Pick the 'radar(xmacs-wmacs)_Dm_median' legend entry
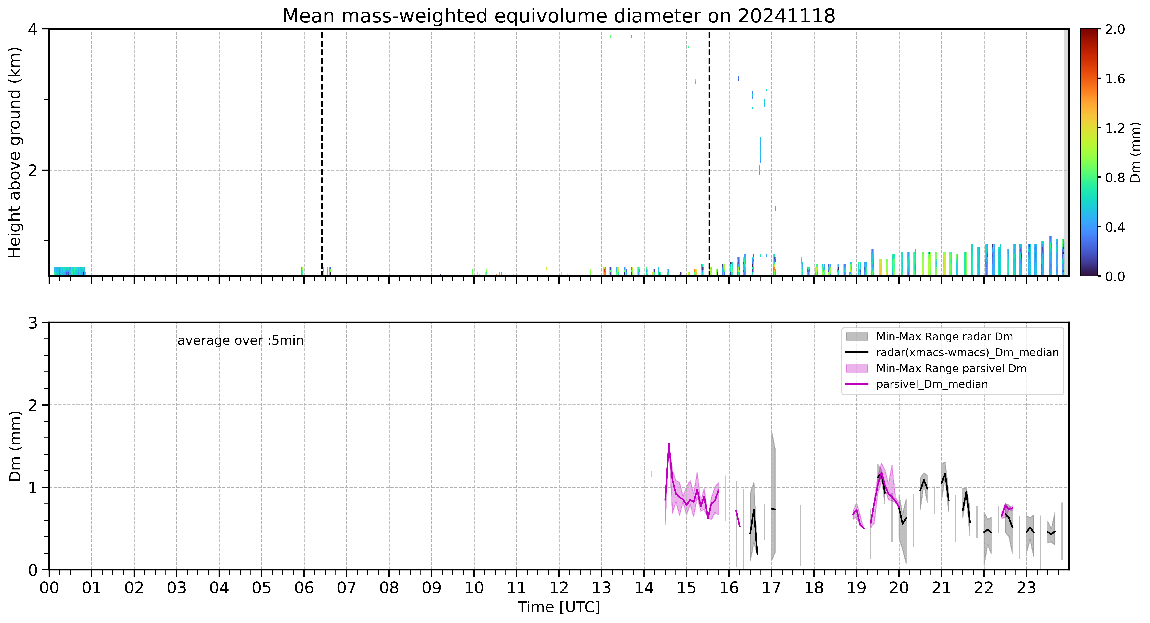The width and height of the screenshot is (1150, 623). (x=967, y=352)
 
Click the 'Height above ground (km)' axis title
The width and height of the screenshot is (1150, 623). (x=15, y=152)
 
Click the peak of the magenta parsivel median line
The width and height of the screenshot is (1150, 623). (x=669, y=444)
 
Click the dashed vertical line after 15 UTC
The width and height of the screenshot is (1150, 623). (x=709, y=152)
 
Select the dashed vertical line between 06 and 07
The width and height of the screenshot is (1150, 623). (x=322, y=152)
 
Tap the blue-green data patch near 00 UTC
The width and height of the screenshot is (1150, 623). (x=69, y=271)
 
